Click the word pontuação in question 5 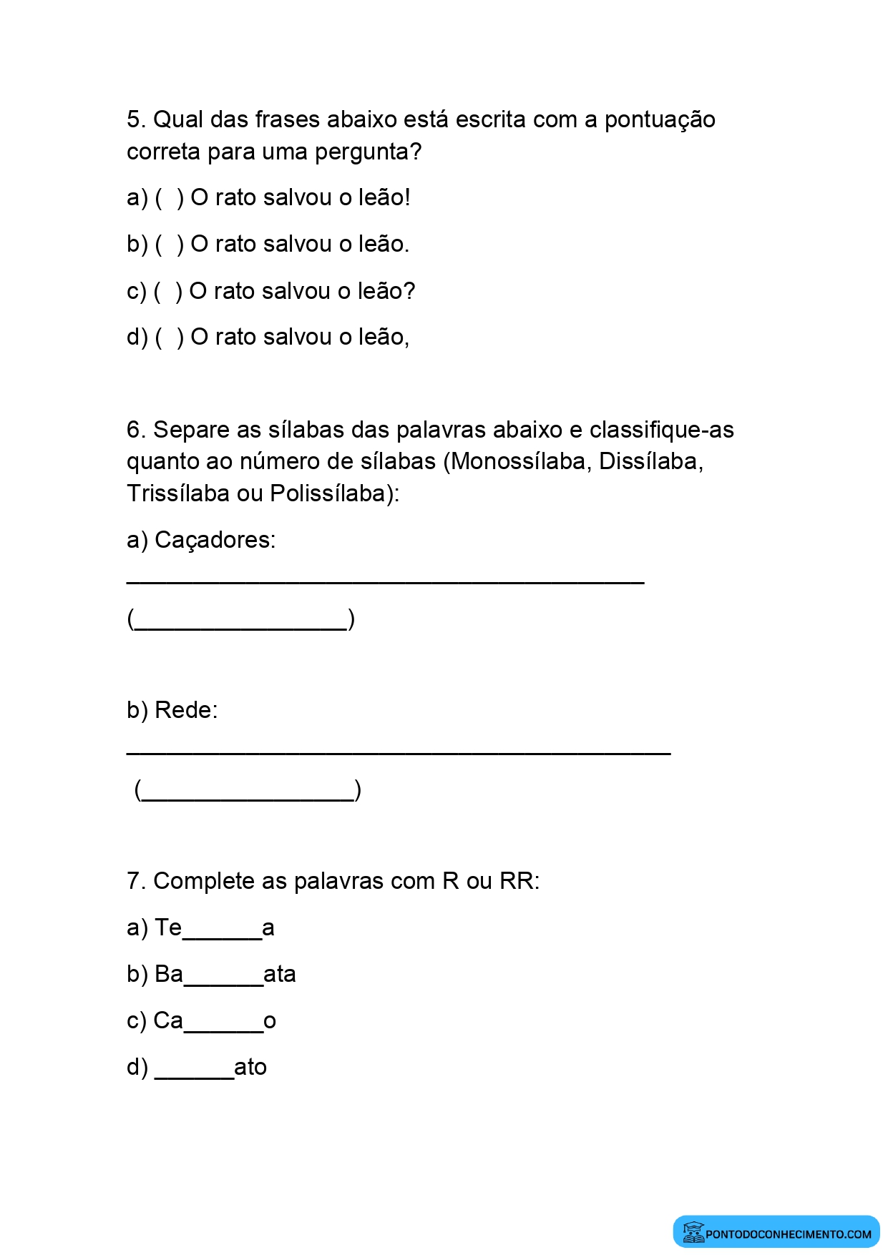tap(660, 119)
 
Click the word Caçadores tap(215, 540)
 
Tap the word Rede tap(185, 710)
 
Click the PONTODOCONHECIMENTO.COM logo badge tap(776, 1232)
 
